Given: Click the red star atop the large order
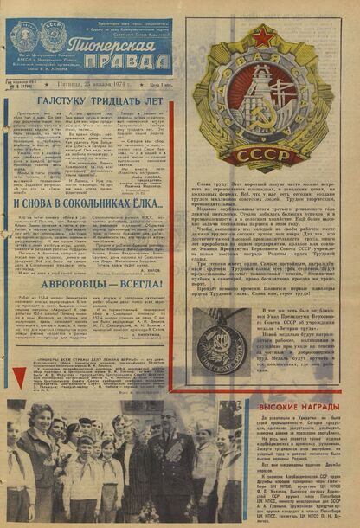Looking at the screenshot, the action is (264, 36).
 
